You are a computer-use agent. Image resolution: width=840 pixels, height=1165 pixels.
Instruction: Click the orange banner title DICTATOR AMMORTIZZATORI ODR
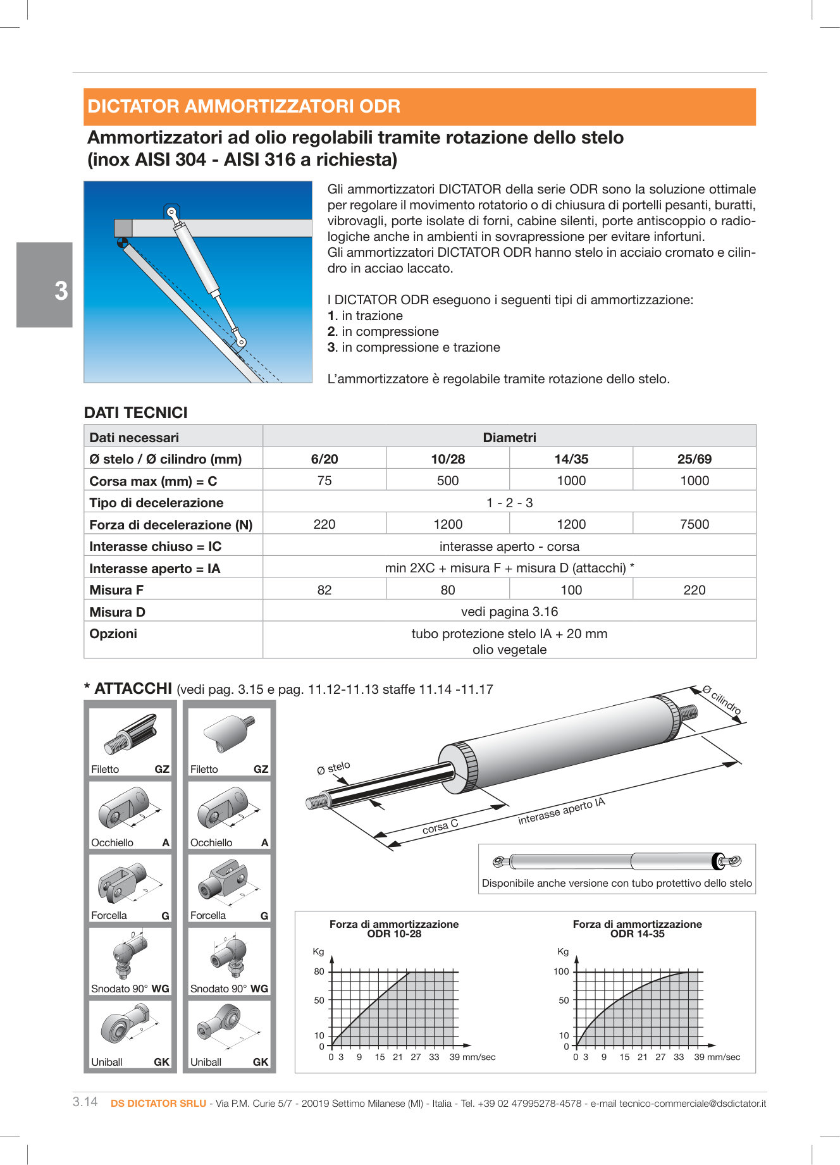point(244,106)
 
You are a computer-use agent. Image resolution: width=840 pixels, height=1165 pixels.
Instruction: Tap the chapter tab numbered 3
point(60,291)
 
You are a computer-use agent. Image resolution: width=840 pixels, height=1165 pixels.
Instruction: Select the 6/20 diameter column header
point(324,459)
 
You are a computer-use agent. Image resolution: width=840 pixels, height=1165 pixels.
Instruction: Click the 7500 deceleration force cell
point(694,524)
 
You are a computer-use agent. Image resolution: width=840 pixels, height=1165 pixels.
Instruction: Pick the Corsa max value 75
point(324,481)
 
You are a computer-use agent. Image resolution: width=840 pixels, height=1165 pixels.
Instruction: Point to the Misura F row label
point(116,590)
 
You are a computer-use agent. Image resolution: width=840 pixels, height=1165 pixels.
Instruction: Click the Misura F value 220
point(694,590)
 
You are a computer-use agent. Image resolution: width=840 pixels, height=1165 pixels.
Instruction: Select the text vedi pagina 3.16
point(509,612)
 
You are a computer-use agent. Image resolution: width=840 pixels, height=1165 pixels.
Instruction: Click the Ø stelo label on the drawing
point(333,768)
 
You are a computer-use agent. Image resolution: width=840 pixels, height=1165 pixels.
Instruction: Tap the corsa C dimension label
point(440,826)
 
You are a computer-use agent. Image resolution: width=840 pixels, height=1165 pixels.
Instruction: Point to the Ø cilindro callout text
point(722,700)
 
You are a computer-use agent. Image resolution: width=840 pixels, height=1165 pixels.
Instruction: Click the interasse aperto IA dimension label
point(562,811)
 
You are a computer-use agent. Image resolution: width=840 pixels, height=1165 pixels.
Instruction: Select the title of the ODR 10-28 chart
point(394,928)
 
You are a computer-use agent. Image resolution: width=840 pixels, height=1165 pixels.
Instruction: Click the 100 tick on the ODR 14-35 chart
point(561,971)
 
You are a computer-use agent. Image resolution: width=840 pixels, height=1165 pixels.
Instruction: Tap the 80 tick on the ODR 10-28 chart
point(319,971)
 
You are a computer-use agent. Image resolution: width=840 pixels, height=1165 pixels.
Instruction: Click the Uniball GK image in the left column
point(130,1028)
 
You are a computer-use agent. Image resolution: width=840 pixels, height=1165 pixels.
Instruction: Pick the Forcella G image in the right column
point(229,882)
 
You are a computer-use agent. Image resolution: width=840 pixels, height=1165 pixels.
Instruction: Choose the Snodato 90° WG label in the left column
point(130,989)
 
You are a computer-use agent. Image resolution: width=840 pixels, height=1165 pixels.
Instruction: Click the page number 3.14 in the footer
point(85,1102)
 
